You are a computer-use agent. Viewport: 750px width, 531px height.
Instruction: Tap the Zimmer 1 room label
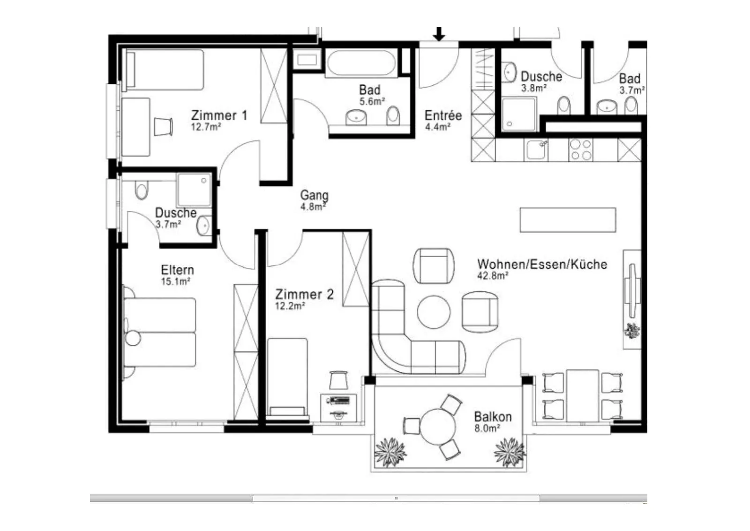click(x=219, y=115)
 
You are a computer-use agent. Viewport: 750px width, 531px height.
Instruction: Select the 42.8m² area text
click(x=493, y=276)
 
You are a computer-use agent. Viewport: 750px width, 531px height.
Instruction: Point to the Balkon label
click(x=493, y=417)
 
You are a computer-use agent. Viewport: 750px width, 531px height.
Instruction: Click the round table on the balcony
click(x=438, y=427)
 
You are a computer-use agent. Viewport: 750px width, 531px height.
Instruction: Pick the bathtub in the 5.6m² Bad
click(x=361, y=63)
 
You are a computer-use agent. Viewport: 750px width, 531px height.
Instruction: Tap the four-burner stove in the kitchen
click(x=581, y=150)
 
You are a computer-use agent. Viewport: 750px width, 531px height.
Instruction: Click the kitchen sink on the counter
click(x=536, y=150)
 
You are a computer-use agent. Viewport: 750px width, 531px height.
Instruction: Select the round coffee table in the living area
click(x=434, y=312)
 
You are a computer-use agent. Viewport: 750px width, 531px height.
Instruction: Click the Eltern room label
click(x=177, y=270)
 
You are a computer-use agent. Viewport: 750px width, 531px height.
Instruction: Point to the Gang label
click(x=314, y=195)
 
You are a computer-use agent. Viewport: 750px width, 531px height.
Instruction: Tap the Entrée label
click(x=443, y=115)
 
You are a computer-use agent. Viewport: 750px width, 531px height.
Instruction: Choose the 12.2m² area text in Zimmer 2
click(x=290, y=306)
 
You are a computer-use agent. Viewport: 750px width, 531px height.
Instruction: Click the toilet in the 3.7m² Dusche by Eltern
click(x=141, y=190)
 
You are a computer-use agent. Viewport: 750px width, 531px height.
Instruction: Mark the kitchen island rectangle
click(x=568, y=220)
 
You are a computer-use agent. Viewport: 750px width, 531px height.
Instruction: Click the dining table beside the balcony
click(x=583, y=395)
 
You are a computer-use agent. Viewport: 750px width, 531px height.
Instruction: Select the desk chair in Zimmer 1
click(x=163, y=127)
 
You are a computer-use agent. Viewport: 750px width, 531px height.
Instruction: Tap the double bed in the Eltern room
click(x=159, y=333)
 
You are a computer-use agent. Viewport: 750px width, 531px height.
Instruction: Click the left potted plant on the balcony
click(x=390, y=452)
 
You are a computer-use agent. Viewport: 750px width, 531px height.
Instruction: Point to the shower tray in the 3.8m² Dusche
click(x=519, y=114)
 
